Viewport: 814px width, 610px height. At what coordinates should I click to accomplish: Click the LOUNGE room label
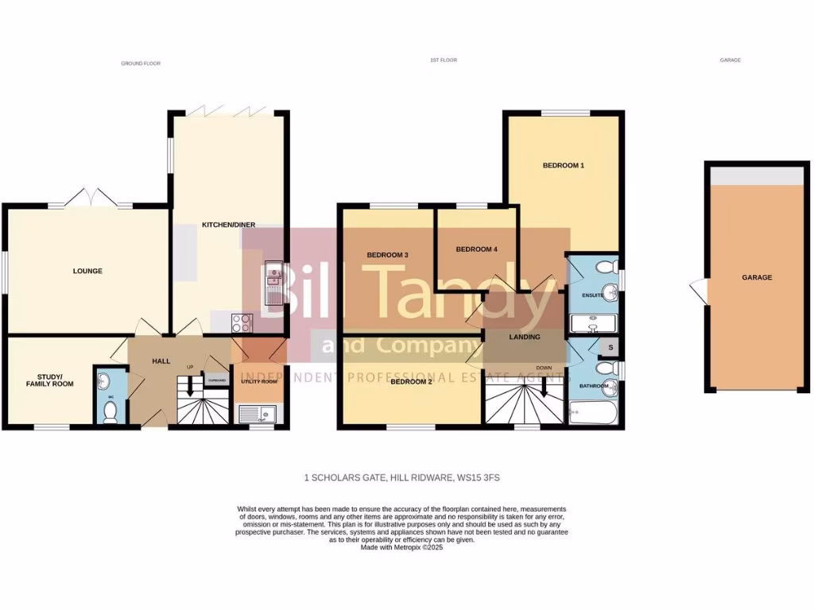[x=87, y=271]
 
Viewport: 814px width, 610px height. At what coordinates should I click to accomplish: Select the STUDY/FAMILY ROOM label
[x=44, y=379]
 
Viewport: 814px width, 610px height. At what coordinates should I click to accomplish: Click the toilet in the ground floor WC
[x=110, y=411]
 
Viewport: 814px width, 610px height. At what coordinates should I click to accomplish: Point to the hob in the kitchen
[x=242, y=322]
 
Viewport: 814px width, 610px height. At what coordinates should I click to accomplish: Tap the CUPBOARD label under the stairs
[x=216, y=380]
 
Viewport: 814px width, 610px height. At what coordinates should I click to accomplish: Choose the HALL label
[x=161, y=361]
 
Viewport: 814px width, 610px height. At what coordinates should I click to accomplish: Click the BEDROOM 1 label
[x=564, y=165]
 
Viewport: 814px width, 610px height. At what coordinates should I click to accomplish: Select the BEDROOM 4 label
[x=476, y=249]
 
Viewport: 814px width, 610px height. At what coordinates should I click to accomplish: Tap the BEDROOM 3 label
[x=387, y=255]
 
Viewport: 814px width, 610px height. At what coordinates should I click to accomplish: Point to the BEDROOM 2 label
[x=411, y=381]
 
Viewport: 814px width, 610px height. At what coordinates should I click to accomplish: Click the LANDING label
[x=525, y=337]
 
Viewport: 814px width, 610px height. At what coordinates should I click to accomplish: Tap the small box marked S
[x=610, y=347]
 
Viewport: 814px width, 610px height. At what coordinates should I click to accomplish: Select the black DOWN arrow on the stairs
[x=545, y=387]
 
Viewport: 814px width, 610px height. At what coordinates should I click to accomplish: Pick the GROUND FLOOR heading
[x=141, y=63]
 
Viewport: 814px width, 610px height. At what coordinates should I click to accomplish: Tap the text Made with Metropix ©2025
[x=401, y=547]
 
